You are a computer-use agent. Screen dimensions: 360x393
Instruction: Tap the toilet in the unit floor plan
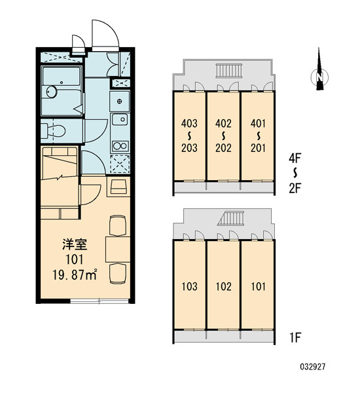click(53, 130)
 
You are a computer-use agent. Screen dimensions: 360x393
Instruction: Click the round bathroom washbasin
click(52, 92)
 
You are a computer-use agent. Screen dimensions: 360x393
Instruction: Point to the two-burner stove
click(120, 146)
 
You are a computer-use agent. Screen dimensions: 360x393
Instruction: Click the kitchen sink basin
click(120, 119)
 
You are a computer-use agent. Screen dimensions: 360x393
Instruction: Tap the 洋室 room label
click(75, 244)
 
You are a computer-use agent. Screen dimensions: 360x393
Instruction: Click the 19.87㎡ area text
click(75, 274)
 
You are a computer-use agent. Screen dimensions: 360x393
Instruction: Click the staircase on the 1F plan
click(232, 218)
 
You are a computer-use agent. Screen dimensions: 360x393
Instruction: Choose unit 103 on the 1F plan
click(189, 286)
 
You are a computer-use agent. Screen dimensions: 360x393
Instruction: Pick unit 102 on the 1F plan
click(223, 286)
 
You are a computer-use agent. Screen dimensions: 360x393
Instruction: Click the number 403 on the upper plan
click(189, 123)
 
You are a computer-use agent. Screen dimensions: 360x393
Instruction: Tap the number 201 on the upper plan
click(258, 147)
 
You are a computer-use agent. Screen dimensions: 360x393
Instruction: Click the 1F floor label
click(295, 337)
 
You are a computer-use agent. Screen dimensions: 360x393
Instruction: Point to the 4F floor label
click(295, 158)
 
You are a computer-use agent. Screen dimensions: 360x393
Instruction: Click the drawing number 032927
click(313, 367)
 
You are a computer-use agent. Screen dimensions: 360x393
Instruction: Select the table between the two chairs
click(118, 249)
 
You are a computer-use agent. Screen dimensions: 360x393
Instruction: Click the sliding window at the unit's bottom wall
click(99, 301)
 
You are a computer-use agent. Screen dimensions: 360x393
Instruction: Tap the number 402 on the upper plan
click(223, 123)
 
